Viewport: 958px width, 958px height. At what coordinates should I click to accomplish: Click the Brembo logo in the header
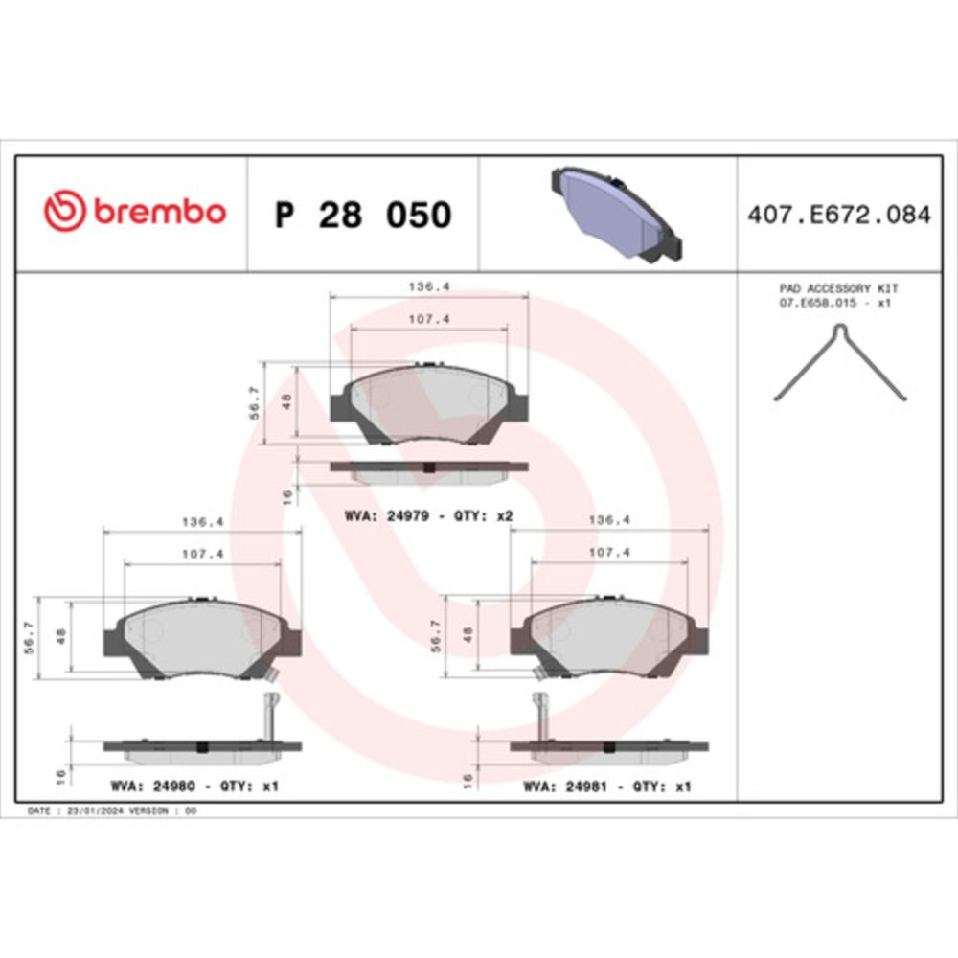tap(135, 211)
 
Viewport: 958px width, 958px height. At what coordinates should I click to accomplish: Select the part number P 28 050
tap(363, 215)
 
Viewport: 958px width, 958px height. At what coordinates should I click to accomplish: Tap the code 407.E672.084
tap(839, 215)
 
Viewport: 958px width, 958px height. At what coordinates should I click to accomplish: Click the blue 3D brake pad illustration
tap(617, 214)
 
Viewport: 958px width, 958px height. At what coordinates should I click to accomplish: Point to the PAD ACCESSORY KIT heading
tap(838, 288)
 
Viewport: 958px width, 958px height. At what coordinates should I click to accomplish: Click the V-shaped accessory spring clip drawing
tap(841, 362)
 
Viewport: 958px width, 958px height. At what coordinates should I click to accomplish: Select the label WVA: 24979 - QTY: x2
tap(429, 516)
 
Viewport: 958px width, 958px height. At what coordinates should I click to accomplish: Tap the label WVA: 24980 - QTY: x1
tap(194, 786)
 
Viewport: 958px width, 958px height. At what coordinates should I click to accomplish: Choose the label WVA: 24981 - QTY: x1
tap(606, 787)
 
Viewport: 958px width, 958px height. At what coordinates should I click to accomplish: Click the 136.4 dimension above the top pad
tap(429, 285)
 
